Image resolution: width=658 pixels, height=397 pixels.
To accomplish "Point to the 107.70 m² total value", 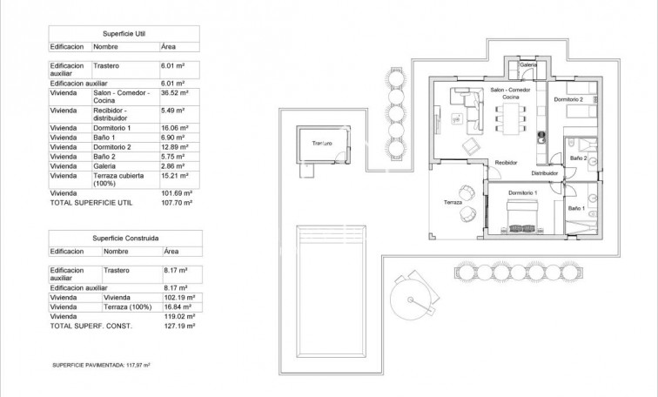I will click(178, 201).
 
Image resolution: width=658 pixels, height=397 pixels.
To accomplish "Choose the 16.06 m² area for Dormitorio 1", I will click(176, 127).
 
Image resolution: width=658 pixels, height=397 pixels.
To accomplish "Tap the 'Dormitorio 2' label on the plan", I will click(567, 99).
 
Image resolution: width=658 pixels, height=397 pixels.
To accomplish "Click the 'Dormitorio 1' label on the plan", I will click(523, 192).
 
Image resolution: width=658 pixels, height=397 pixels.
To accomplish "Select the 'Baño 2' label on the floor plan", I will click(579, 158).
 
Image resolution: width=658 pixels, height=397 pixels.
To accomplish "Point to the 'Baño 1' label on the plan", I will click(577, 209).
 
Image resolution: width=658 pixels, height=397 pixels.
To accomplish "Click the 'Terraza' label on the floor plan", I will click(453, 202).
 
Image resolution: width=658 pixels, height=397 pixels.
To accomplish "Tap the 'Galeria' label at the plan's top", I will click(527, 65).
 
